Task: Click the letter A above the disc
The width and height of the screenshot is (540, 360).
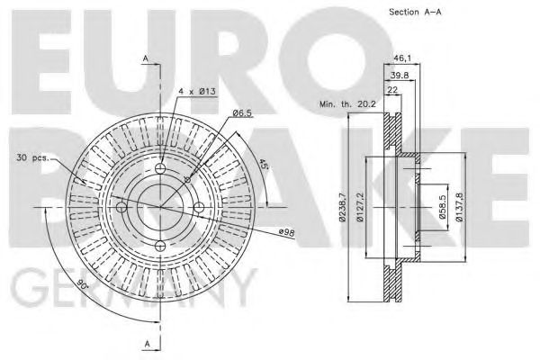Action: pos(145,58)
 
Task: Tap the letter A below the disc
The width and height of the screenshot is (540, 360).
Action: pos(145,343)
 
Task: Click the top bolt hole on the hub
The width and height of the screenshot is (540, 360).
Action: pos(161,170)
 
